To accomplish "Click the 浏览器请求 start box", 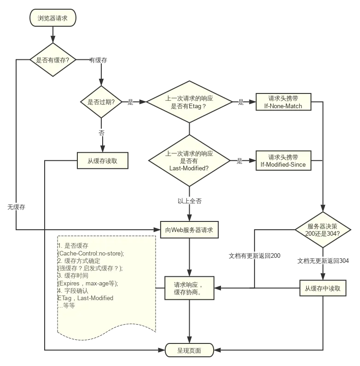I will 52,18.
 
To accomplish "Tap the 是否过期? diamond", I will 101,102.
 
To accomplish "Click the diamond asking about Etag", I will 189,102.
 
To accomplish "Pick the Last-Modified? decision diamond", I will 189,161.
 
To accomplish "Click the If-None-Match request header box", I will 283,102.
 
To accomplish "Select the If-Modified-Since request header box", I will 283,161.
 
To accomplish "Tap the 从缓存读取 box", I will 102,161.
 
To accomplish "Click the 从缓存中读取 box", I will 323,289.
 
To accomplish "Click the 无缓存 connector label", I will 16,207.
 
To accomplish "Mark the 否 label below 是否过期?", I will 101,132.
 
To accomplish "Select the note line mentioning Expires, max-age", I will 87,283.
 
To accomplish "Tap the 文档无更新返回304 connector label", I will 323,261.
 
